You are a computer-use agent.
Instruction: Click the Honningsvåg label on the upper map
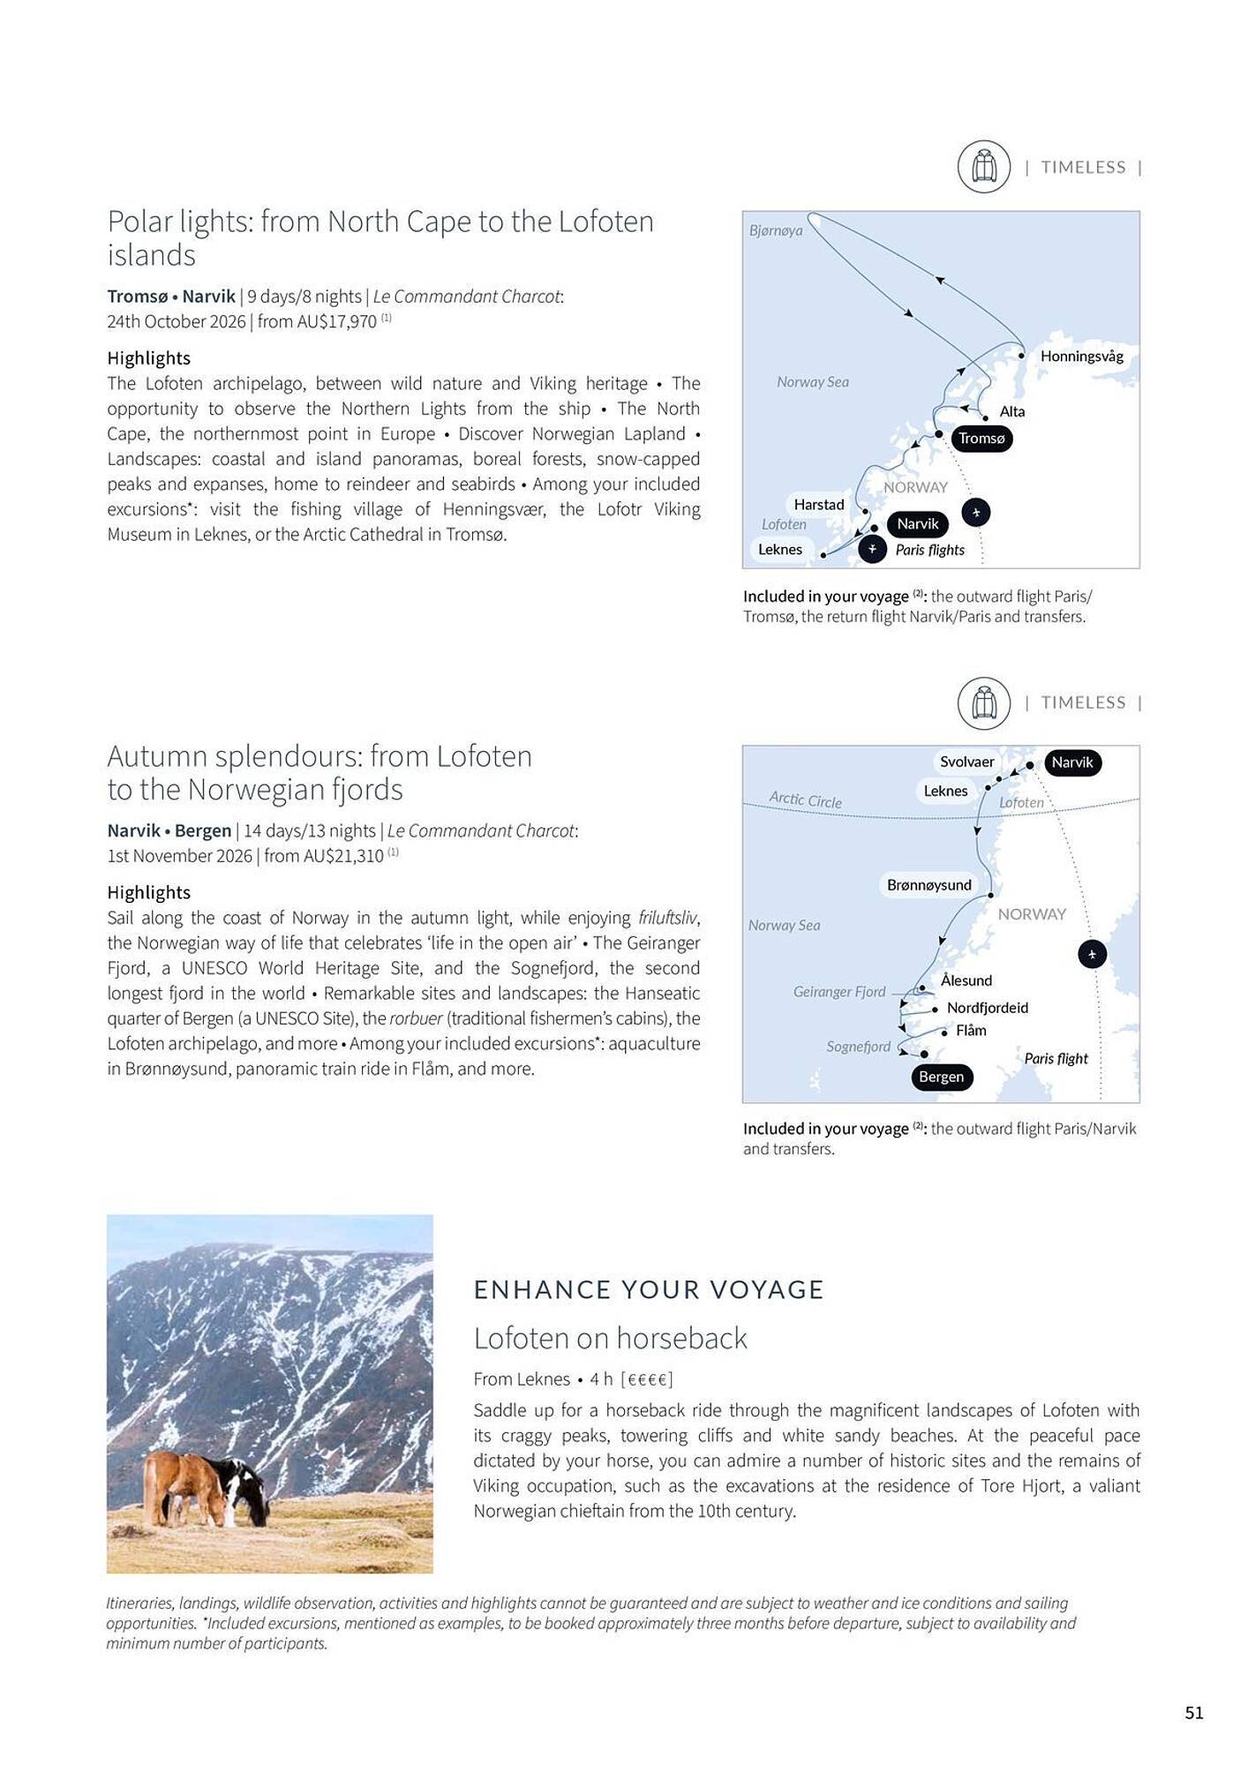click(x=1081, y=357)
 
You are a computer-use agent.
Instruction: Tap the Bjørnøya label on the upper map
click(x=776, y=230)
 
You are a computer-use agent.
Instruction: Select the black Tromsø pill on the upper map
click(x=981, y=439)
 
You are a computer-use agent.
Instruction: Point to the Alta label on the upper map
click(x=1012, y=411)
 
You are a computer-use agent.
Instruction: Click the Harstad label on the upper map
click(x=818, y=505)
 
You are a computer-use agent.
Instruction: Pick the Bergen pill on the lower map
click(x=941, y=1077)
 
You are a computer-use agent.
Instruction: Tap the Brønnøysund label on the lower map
click(x=928, y=885)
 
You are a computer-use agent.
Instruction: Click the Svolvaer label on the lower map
click(x=966, y=762)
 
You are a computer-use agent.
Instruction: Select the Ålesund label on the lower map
click(x=966, y=980)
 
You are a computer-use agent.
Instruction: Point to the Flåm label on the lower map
click(x=971, y=1031)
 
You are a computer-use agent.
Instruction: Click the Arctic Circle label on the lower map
click(x=805, y=800)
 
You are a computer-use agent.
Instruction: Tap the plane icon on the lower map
click(x=1092, y=954)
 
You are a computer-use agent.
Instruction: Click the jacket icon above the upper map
click(x=983, y=166)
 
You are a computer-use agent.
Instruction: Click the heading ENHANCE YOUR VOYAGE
click(x=648, y=1289)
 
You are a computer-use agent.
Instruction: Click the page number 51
click(x=1193, y=1713)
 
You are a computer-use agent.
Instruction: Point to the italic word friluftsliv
click(x=667, y=918)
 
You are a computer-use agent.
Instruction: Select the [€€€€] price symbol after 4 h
click(x=647, y=1379)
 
